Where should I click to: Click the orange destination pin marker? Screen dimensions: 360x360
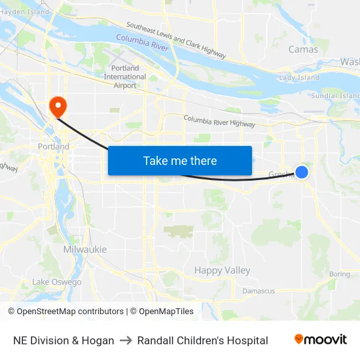(58, 105)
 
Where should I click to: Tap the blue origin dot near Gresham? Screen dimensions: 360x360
(302, 171)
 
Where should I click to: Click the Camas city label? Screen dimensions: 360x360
(303, 49)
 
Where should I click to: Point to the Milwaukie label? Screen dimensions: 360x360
(85, 249)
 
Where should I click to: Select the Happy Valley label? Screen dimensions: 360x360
(222, 270)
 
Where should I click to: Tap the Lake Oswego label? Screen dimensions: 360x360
(57, 282)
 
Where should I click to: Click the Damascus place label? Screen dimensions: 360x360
(259, 291)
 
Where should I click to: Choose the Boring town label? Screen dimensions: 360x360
(340, 274)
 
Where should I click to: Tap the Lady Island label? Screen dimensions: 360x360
(299, 78)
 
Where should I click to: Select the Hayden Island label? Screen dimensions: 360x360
(24, 12)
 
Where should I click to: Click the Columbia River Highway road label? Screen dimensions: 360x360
(219, 121)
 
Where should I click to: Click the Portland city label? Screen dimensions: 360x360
(54, 147)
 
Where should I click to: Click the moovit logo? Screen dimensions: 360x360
(321, 340)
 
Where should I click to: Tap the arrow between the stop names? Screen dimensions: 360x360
(126, 340)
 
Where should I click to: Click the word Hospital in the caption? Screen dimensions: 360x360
(248, 340)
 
